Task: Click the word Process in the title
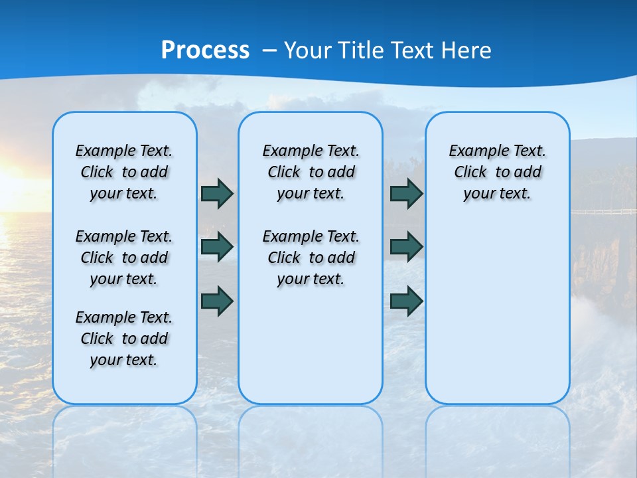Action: click(205, 50)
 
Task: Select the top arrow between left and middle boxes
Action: click(217, 193)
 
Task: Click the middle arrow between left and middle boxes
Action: click(217, 247)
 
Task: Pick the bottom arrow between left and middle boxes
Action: click(217, 301)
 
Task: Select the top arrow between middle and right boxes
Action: click(406, 193)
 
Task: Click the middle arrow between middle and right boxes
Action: click(406, 247)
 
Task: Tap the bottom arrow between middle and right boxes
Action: click(406, 301)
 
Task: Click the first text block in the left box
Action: click(124, 172)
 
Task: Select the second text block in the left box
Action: click(124, 258)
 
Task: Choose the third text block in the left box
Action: click(124, 339)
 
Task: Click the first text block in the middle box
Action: click(311, 172)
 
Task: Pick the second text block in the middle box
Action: click(311, 258)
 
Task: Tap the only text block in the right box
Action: click(498, 172)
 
